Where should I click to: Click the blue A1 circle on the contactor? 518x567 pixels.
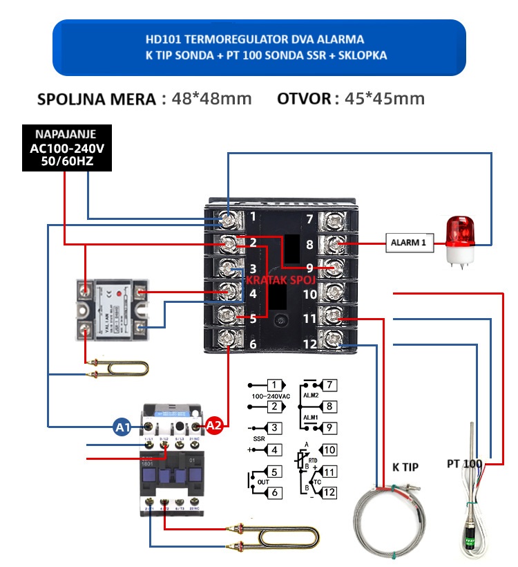(x=123, y=428)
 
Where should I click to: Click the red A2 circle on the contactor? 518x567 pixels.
(x=214, y=428)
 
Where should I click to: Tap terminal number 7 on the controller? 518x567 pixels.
(x=309, y=220)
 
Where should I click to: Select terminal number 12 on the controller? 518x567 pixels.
(x=309, y=343)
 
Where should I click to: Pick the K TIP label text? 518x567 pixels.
(x=405, y=467)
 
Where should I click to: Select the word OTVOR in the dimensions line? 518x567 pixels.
(x=305, y=98)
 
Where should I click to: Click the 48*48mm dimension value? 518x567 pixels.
(x=211, y=98)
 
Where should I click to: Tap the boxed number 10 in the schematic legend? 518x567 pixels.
(x=329, y=450)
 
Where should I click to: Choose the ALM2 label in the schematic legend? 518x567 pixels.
(x=311, y=395)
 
